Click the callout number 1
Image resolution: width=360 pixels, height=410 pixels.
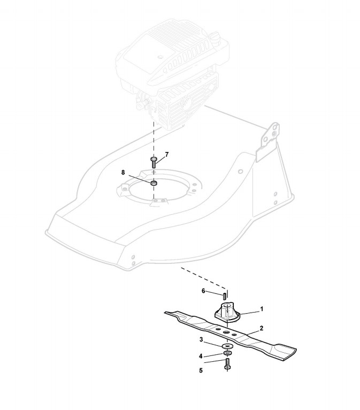click(x=262, y=309)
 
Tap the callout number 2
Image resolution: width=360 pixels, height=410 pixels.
click(x=261, y=328)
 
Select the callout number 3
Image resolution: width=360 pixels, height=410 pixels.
click(x=201, y=339)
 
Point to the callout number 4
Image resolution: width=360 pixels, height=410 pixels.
click(x=201, y=356)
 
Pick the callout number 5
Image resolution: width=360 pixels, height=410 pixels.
click(x=201, y=370)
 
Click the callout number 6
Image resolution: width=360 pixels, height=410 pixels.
click(x=203, y=291)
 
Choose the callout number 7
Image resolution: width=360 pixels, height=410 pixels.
click(x=167, y=154)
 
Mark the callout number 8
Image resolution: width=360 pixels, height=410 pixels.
click(x=123, y=172)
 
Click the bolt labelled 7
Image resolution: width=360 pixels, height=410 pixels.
click(x=154, y=162)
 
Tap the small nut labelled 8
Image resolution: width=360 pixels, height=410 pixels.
click(x=154, y=184)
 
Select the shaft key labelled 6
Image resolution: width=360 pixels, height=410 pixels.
click(x=225, y=293)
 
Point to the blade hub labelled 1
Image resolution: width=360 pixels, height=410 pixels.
click(x=229, y=312)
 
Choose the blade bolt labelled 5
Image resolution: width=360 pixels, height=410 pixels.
click(x=227, y=364)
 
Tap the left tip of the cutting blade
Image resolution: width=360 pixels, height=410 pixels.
click(x=167, y=312)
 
